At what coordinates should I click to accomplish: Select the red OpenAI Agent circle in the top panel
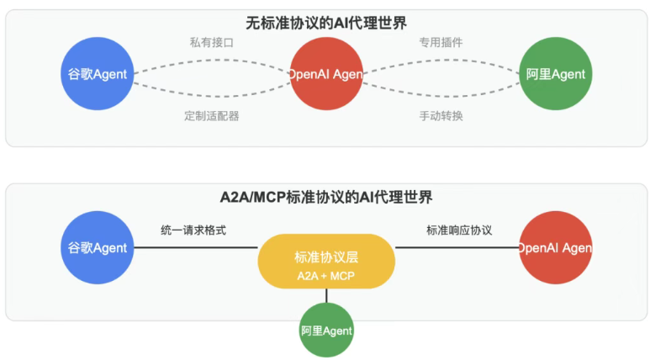325,74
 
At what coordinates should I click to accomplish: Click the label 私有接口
211,41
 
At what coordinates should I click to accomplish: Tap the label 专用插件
441,41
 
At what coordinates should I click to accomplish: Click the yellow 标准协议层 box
326,261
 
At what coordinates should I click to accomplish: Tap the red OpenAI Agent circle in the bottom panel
555,247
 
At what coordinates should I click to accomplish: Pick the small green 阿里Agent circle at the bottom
326,331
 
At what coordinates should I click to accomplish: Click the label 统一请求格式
193,230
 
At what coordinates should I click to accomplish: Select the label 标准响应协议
458,230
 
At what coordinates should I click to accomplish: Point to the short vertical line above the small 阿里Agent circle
326,295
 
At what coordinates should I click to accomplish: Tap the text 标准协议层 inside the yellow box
326,257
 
